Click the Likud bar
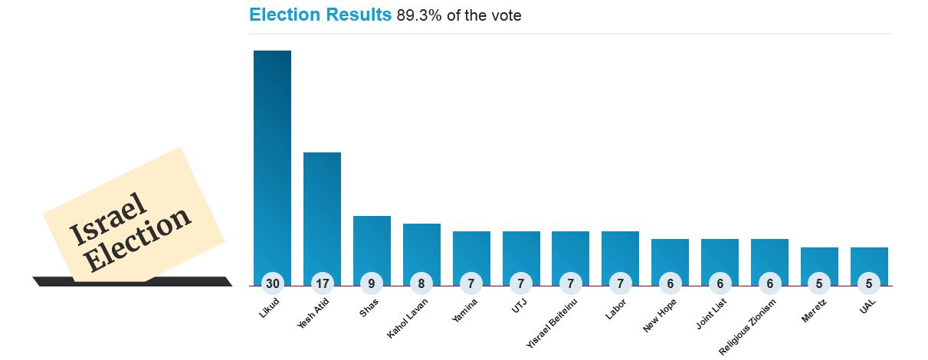[272, 161]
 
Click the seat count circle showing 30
[272, 283]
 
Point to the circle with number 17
[322, 283]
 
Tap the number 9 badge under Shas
[372, 283]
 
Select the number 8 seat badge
[421, 283]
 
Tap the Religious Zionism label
[748, 326]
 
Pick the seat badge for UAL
[869, 283]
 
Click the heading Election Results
[320, 15]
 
